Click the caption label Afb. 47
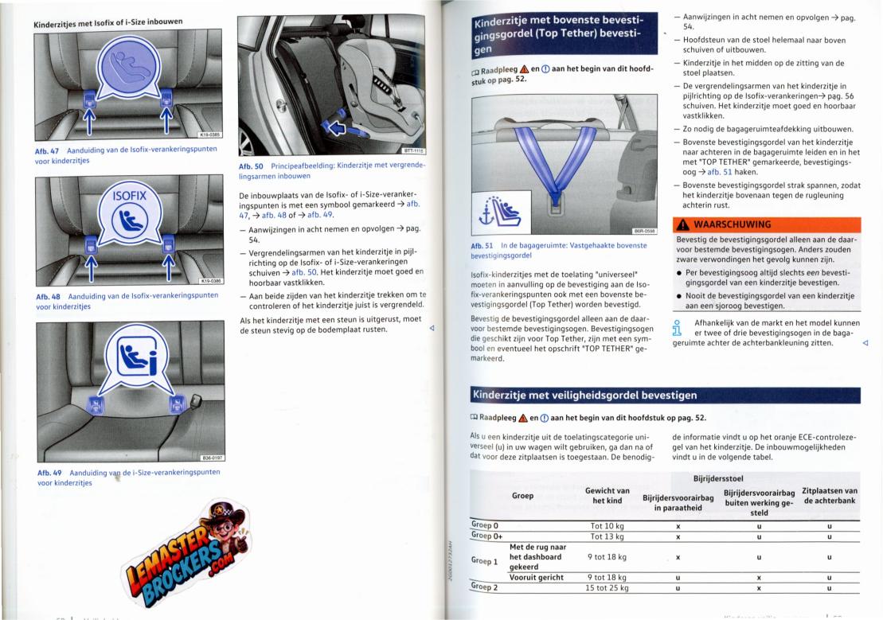pyautogui.click(x=47, y=151)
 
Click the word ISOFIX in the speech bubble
pyautogui.click(x=130, y=196)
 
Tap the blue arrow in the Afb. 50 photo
pyautogui.click(x=337, y=128)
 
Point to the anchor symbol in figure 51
pyautogui.click(x=486, y=214)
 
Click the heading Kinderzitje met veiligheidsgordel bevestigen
pyautogui.click(x=584, y=396)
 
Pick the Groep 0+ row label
pyautogui.click(x=486, y=536)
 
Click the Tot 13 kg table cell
pyautogui.click(x=607, y=536)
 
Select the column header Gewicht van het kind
pyautogui.click(x=607, y=496)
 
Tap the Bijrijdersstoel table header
pyautogui.click(x=718, y=478)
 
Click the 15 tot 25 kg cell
pyautogui.click(x=607, y=588)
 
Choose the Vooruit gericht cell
pyautogui.click(x=536, y=577)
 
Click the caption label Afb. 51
pyautogui.click(x=482, y=246)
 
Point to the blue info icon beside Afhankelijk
pyautogui.click(x=678, y=328)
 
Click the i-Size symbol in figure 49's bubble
pyautogui.click(x=137, y=359)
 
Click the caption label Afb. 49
pyautogui.click(x=49, y=473)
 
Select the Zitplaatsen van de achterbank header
pyautogui.click(x=830, y=496)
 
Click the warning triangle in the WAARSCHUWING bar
pyautogui.click(x=683, y=224)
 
